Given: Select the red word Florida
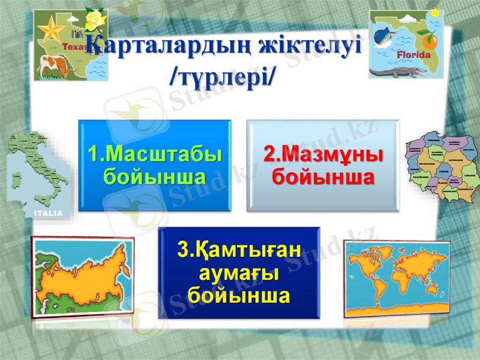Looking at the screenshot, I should [414, 54].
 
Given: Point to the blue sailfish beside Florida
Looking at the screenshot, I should [387, 37].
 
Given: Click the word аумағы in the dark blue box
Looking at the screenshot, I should [239, 273].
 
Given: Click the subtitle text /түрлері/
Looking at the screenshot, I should [222, 77].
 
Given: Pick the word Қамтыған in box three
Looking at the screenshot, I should [239, 250].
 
